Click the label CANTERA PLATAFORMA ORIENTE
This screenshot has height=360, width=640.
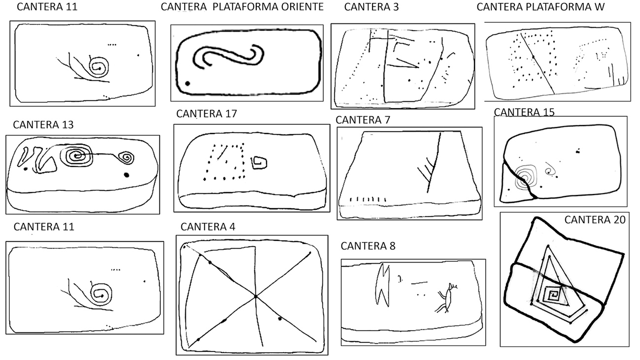(242, 7)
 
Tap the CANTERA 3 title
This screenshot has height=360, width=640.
(371, 7)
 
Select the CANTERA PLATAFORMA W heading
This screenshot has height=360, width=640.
(540, 7)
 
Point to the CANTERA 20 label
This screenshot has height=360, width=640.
(595, 220)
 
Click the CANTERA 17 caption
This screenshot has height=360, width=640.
(206, 114)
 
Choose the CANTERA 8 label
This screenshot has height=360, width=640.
(368, 246)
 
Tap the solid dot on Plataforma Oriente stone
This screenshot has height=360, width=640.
(187, 83)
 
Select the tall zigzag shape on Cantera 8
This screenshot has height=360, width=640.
(383, 285)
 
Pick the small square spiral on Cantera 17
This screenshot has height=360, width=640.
(259, 163)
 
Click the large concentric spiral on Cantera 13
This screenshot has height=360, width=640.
(76, 156)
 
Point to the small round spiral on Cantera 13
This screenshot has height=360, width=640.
(126, 158)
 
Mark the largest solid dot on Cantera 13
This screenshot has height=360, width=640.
(127, 175)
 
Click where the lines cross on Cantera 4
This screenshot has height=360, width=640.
(256, 297)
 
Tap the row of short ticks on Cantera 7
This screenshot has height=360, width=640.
(368, 199)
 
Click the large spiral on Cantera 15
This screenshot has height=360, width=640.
(526, 177)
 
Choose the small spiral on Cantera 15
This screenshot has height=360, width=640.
(550, 171)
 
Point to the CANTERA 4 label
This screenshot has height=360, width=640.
(208, 227)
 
